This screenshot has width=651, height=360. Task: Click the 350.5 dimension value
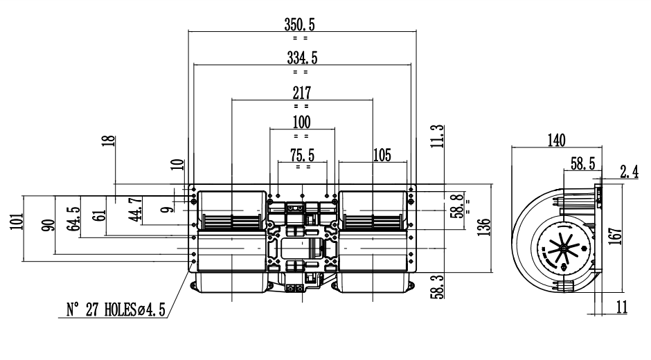coord(300,24)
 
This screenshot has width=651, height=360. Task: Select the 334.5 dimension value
coord(302,58)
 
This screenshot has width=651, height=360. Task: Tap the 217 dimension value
coord(302,92)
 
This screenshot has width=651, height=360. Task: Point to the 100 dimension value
coord(301,123)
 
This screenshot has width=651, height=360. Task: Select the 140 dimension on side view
coord(556,140)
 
